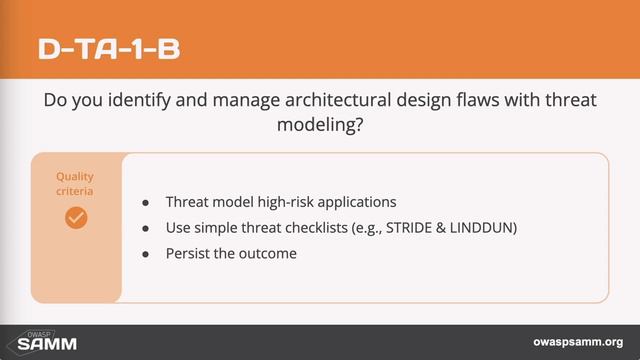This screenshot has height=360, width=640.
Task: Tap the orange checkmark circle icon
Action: click(x=76, y=217)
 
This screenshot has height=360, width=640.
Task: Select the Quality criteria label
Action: click(x=76, y=183)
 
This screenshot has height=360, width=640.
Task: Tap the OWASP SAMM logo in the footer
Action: click(x=41, y=342)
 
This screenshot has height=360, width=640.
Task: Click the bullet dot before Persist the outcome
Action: click(x=146, y=254)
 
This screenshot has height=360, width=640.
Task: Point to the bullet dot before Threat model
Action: click(x=146, y=201)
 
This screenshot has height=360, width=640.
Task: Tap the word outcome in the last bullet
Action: click(x=270, y=254)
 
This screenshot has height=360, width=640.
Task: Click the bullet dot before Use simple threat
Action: click(x=146, y=227)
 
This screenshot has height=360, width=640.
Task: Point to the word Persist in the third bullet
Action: click(x=190, y=254)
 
